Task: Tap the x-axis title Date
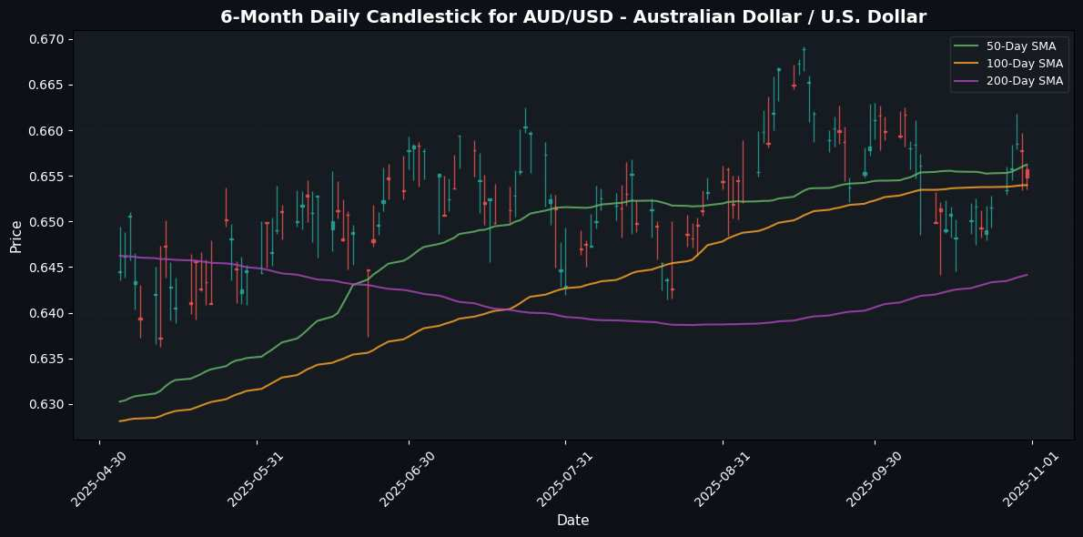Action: click(572, 520)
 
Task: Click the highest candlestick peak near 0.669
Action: click(804, 48)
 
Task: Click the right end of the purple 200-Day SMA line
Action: click(1027, 275)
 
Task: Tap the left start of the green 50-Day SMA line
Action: click(119, 401)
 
